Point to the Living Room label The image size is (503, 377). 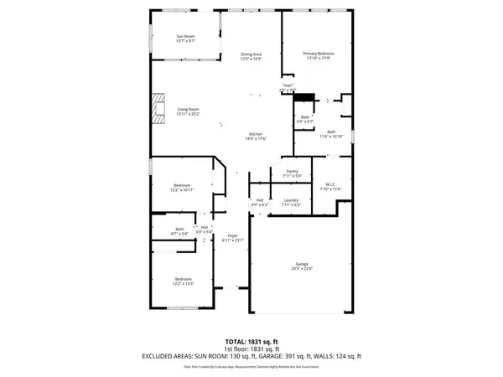coord(188,111)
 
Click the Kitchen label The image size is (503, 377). coord(256,136)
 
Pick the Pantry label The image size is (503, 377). coord(292,173)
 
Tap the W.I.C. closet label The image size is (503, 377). coord(330,186)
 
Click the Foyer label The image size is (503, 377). coord(233,238)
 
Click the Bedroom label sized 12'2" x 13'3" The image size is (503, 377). coord(183,281)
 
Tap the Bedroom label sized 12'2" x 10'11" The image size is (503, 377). coord(183,188)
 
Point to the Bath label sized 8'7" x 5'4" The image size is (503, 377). coord(179,231)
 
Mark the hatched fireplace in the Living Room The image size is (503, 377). coord(157,109)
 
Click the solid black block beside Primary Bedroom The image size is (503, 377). coord(303,97)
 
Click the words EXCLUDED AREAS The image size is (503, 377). coord(167,357)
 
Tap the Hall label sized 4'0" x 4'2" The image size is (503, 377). coord(260,202)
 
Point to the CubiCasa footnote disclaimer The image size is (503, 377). coord(251,367)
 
